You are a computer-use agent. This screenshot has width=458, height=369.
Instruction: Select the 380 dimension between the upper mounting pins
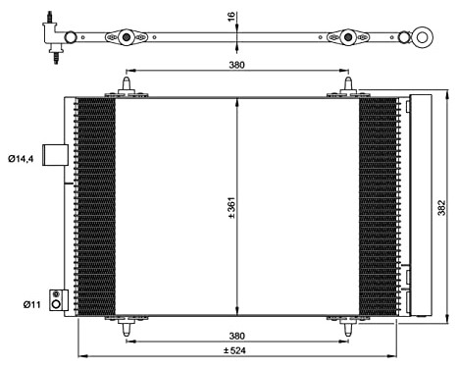[234, 65]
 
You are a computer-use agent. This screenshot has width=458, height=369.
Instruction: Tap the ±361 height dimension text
[231, 206]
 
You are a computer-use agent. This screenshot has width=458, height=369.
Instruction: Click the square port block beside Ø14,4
[58, 157]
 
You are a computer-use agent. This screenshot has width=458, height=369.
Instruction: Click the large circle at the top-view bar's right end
[424, 38]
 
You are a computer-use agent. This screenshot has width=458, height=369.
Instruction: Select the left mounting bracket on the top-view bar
[126, 38]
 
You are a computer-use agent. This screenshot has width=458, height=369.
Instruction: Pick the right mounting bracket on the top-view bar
[347, 38]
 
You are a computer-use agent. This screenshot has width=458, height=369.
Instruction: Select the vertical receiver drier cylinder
[419, 206]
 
